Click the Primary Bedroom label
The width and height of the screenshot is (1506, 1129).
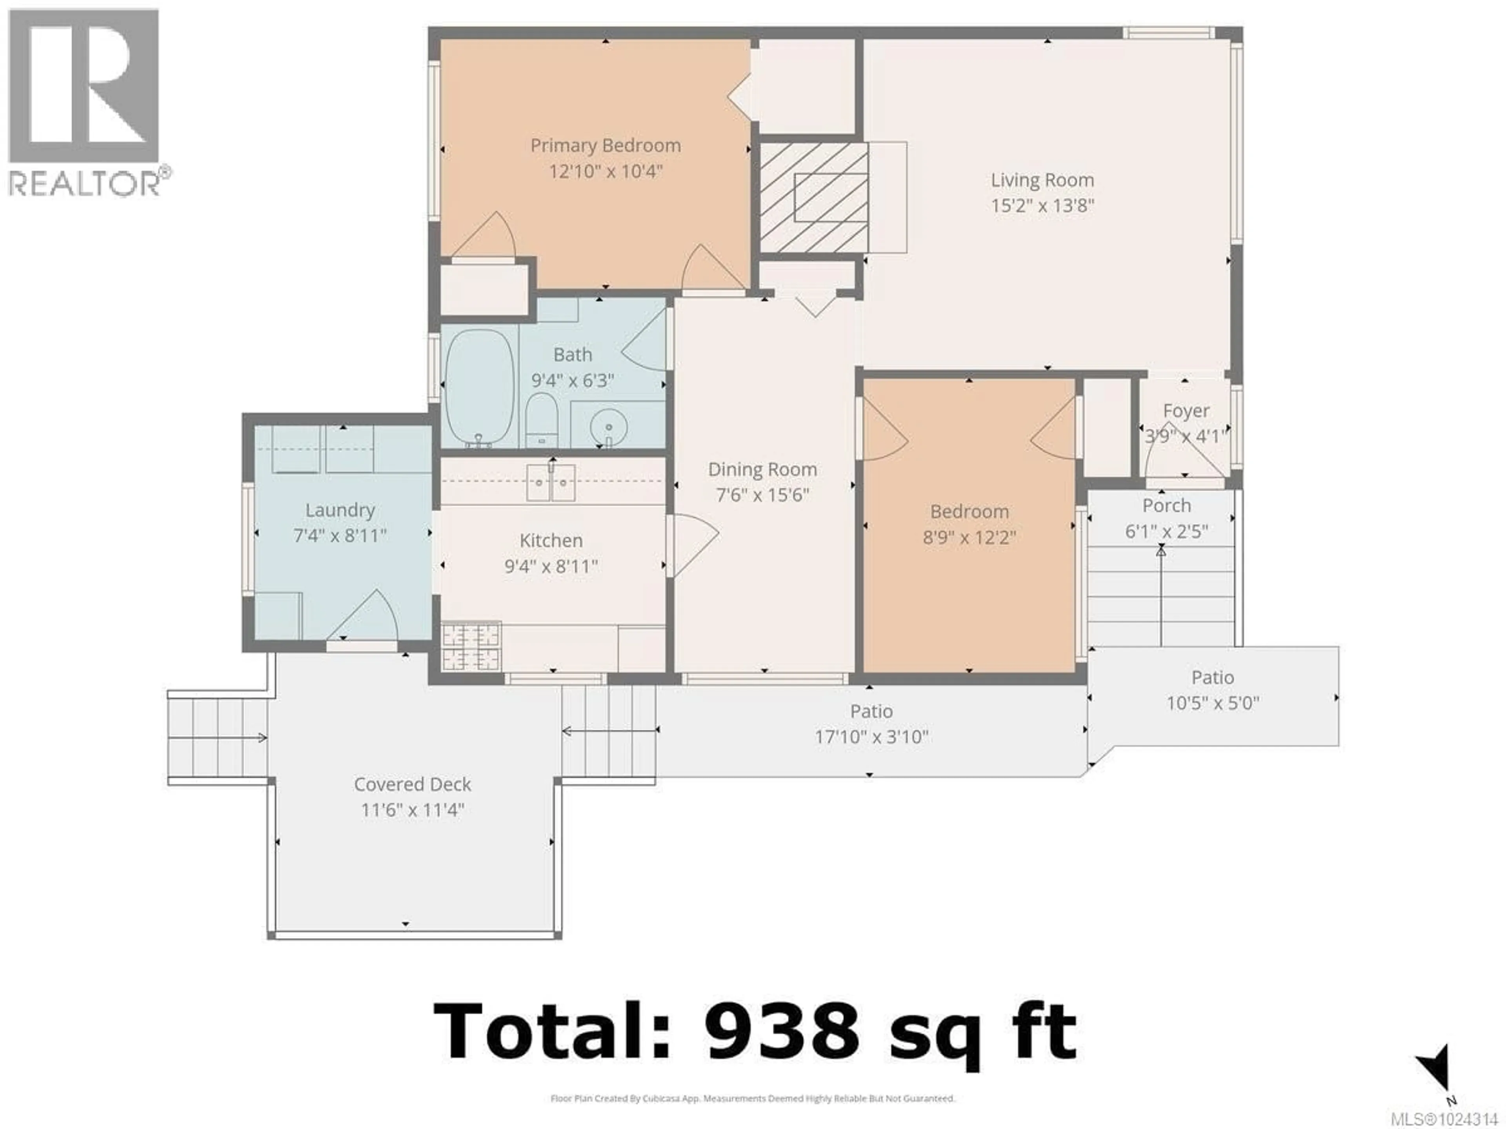(605, 146)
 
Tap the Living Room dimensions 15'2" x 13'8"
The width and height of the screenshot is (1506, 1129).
(1042, 205)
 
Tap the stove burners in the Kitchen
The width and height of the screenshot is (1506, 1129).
(471, 646)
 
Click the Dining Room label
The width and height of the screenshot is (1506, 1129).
(762, 470)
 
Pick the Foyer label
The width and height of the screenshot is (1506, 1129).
(1186, 411)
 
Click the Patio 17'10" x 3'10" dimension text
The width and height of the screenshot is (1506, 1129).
(871, 737)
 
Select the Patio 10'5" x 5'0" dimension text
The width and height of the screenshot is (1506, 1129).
(1213, 703)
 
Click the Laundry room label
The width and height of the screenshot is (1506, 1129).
(340, 510)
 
